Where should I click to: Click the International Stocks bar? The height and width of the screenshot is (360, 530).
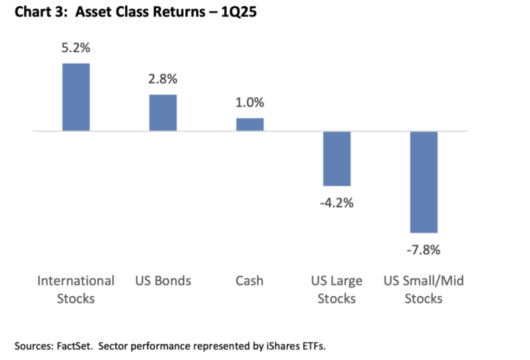[76, 97]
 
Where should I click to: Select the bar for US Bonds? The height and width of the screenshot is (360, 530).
[163, 113]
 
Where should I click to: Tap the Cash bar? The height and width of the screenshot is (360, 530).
[250, 124]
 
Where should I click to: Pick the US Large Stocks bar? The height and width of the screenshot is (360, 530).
[336, 159]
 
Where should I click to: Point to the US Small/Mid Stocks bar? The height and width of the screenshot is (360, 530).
[424, 182]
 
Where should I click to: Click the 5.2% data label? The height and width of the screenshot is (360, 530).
[76, 48]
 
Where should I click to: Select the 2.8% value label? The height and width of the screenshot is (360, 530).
[163, 79]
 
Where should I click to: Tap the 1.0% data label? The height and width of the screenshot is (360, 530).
[250, 102]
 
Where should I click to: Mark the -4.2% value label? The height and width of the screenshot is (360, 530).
[336, 203]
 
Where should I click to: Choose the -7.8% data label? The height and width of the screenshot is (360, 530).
[423, 250]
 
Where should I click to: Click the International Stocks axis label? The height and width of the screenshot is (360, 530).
[76, 290]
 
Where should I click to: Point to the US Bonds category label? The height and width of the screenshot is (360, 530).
[163, 281]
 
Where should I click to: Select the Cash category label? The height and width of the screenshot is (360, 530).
[249, 281]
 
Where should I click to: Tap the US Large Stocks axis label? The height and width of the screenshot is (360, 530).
[336, 290]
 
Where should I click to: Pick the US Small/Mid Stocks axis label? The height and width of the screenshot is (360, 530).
[423, 290]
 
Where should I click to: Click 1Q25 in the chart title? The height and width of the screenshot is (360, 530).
[239, 12]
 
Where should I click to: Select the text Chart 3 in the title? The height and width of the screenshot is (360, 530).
[39, 12]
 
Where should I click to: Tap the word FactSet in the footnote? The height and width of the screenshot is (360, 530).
[74, 346]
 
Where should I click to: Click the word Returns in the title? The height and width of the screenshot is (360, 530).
[179, 12]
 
